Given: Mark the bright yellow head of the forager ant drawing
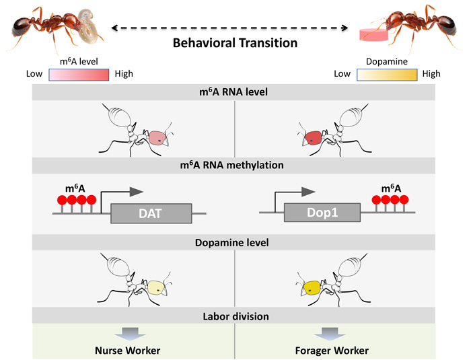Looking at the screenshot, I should (x=311, y=289).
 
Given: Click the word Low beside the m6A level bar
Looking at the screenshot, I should (x=35, y=73).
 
